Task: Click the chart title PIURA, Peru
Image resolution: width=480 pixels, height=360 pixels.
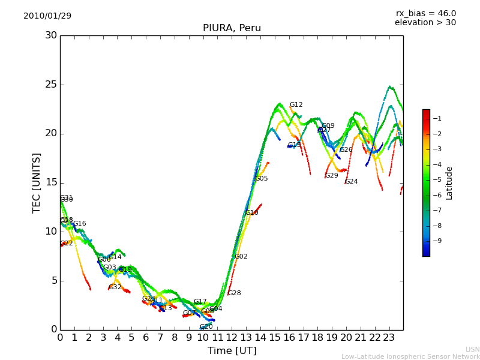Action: tap(232, 28)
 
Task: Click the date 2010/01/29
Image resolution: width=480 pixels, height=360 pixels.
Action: tap(47, 16)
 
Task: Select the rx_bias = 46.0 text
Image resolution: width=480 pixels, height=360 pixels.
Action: tap(425, 13)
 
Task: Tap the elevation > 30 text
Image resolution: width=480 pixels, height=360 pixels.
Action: tap(425, 23)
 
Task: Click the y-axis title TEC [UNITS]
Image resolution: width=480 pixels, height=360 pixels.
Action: tap(37, 182)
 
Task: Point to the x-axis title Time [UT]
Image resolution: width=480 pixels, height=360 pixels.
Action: tap(232, 350)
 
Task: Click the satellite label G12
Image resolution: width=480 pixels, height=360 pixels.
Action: tap(296, 105)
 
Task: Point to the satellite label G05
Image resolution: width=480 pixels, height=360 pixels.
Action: tap(262, 179)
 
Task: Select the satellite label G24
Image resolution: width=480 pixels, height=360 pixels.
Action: tap(351, 182)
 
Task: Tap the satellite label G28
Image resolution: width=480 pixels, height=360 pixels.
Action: tap(235, 293)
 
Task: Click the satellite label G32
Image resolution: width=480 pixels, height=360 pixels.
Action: tap(115, 287)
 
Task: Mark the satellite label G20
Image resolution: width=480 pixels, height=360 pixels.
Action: tap(206, 327)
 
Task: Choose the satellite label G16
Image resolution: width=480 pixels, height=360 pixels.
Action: tap(80, 224)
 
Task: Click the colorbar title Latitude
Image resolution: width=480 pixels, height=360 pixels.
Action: tap(449, 183)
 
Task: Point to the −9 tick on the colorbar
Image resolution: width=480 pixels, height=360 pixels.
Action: tap(437, 241)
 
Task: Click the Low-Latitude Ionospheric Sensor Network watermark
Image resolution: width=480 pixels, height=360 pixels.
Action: tap(410, 356)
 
